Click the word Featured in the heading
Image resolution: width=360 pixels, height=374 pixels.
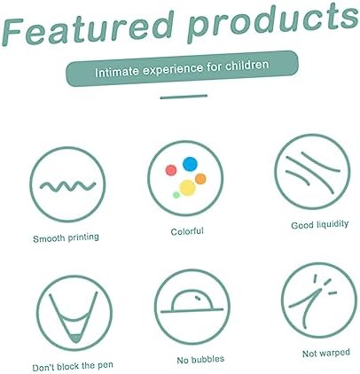pyautogui.click(x=88, y=29)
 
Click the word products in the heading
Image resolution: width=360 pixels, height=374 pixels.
pyautogui.click(x=273, y=22)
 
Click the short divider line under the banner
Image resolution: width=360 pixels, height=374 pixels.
pyautogui.click(x=184, y=97)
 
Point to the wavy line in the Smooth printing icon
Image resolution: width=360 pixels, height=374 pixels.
pyautogui.click(x=67, y=186)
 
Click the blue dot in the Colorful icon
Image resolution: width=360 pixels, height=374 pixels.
pyautogui.click(x=190, y=164)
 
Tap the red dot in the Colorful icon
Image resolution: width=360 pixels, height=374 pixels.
pyautogui.click(x=171, y=170)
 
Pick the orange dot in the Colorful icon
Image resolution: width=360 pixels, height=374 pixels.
pyautogui.click(x=200, y=179)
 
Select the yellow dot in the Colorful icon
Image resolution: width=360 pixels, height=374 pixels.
pyautogui.click(x=188, y=188)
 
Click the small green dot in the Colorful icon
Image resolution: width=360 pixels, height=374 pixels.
pyautogui.click(x=176, y=195)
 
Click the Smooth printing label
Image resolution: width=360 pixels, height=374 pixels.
pyautogui.click(x=66, y=238)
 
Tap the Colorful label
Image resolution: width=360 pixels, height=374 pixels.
pyautogui.click(x=187, y=231)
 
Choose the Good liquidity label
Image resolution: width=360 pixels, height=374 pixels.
pyautogui.click(x=320, y=224)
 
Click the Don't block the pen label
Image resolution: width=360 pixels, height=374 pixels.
pyautogui.click(x=73, y=367)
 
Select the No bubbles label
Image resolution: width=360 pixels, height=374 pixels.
pyautogui.click(x=200, y=360)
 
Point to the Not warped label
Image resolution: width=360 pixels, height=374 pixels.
pyautogui.click(x=326, y=353)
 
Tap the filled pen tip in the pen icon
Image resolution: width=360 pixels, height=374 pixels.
pyautogui.click(x=75, y=338)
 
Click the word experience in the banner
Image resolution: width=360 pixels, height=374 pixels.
pyautogui.click(x=173, y=69)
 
